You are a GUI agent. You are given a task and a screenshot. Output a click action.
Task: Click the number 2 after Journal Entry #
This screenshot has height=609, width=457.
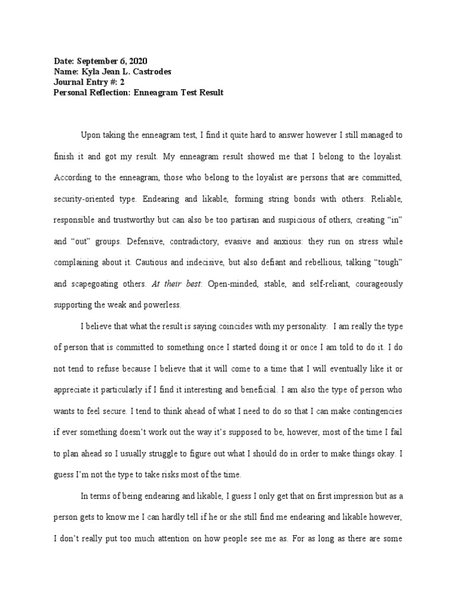(x=121, y=83)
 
